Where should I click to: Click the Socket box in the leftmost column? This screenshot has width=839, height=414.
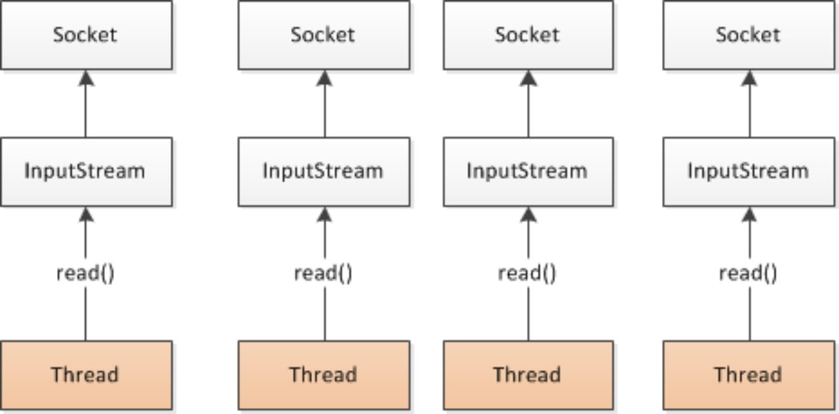[x=86, y=35]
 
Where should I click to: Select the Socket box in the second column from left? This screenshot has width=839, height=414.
[x=324, y=35]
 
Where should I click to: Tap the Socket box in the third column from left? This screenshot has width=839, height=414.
[x=528, y=35]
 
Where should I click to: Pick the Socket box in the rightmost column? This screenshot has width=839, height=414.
[x=749, y=35]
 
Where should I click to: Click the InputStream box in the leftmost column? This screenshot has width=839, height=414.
[x=86, y=172]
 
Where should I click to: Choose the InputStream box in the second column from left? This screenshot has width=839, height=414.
[x=324, y=172]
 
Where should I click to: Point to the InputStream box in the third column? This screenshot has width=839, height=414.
[x=528, y=172]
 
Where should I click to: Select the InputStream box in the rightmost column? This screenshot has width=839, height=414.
[x=749, y=172]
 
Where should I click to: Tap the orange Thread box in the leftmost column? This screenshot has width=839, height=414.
[x=86, y=375]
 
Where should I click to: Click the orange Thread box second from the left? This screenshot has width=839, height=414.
[x=324, y=375]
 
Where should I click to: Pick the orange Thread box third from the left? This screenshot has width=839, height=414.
[x=528, y=375]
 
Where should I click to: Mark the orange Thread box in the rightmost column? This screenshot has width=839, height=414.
[x=749, y=375]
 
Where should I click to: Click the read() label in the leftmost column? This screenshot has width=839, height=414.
[x=86, y=273]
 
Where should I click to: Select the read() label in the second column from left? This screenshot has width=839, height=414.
[x=324, y=273]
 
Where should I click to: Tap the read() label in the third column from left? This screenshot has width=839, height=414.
[x=528, y=273]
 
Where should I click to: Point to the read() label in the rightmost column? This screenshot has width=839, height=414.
[x=749, y=273]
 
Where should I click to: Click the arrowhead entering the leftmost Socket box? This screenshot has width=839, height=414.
[x=86, y=78]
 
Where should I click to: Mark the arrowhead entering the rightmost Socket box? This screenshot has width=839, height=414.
[x=750, y=78]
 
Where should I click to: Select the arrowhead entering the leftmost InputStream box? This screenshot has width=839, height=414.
[x=86, y=215]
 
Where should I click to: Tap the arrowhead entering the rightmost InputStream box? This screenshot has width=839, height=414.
[x=750, y=215]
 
